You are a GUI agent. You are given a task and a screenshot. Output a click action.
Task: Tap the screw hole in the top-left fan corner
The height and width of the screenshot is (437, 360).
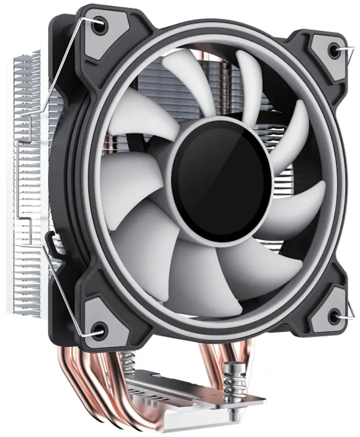click(x=99, y=24)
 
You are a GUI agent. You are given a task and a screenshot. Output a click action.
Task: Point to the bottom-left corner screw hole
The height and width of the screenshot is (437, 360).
click(x=98, y=329)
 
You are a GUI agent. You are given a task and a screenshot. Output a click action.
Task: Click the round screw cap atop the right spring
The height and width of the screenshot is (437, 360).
click(x=232, y=368)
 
